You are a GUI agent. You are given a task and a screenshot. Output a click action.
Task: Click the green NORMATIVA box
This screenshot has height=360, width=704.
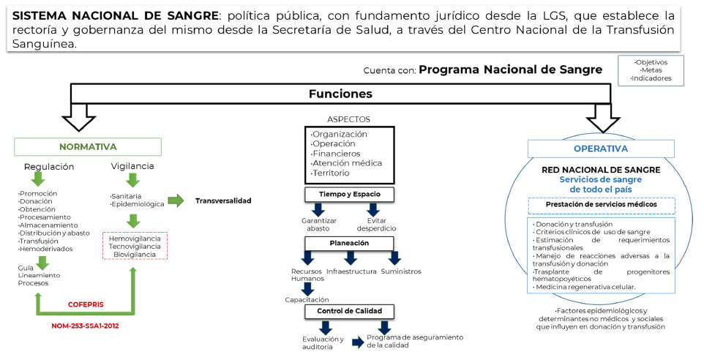[x=88, y=146]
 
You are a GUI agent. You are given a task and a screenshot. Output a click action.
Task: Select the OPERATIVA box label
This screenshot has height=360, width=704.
[x=600, y=149]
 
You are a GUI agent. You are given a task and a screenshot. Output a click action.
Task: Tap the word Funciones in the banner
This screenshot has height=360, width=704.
[x=340, y=94]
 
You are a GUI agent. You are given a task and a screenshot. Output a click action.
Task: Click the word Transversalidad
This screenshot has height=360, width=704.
[x=223, y=200]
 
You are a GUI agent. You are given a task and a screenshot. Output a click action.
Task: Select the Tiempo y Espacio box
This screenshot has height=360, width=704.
[x=349, y=194]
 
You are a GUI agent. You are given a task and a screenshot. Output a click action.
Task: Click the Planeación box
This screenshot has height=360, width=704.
[x=349, y=242]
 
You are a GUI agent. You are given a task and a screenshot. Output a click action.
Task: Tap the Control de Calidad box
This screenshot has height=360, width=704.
[x=349, y=311]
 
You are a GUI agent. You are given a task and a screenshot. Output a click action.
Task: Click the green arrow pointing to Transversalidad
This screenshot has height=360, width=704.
[x=176, y=200]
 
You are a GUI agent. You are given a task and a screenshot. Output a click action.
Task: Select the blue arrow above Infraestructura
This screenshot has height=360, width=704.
[x=351, y=258]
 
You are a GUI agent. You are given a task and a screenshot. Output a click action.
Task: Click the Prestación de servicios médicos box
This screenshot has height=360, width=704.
[x=600, y=204]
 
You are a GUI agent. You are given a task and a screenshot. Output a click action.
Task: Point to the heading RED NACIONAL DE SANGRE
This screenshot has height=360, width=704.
[x=601, y=169]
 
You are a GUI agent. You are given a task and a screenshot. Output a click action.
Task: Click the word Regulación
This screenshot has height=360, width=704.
[x=49, y=167]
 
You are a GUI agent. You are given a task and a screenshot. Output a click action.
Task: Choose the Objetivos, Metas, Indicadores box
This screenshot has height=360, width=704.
[x=651, y=70]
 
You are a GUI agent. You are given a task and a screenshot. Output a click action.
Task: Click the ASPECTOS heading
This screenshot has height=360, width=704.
[x=348, y=119]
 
